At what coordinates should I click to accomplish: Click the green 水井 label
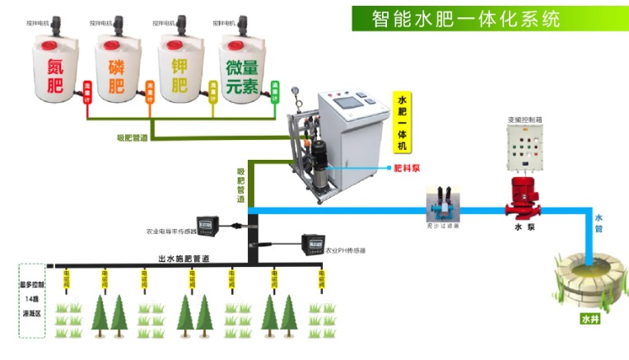590,319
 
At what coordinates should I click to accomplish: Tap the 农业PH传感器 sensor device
311,242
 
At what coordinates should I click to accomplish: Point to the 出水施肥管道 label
184,259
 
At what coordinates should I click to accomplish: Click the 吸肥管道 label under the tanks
132,138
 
